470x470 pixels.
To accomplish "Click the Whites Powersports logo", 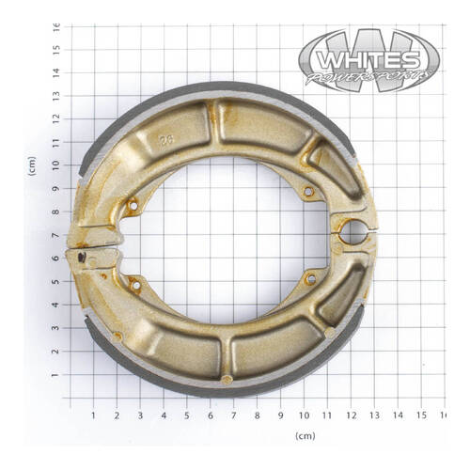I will click(x=369, y=60).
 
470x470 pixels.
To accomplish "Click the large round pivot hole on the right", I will click(x=352, y=230).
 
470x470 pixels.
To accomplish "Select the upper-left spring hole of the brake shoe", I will click(x=133, y=204).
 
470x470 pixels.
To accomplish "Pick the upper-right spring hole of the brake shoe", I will click(x=307, y=192).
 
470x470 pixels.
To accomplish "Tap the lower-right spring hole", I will click(x=309, y=278).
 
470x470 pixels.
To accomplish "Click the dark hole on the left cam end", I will click(x=84, y=256).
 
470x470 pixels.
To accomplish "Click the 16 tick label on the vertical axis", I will click(x=56, y=26).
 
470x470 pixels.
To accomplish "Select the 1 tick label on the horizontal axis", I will click(x=92, y=415).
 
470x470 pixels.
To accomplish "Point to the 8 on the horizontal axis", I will click(x=257, y=415).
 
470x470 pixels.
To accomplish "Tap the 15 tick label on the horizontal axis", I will click(x=421, y=415).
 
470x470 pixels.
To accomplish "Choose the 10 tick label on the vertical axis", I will click(x=56, y=164).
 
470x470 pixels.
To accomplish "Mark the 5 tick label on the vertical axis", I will click(x=56, y=282).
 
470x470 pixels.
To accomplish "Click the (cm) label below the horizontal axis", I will click(x=305, y=436).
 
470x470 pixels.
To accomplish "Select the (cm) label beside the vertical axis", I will click(x=31, y=166).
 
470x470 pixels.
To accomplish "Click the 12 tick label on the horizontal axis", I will click(x=351, y=415).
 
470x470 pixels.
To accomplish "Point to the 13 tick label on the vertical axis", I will click(x=56, y=95).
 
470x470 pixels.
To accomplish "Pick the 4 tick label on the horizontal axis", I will click(x=163, y=415).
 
